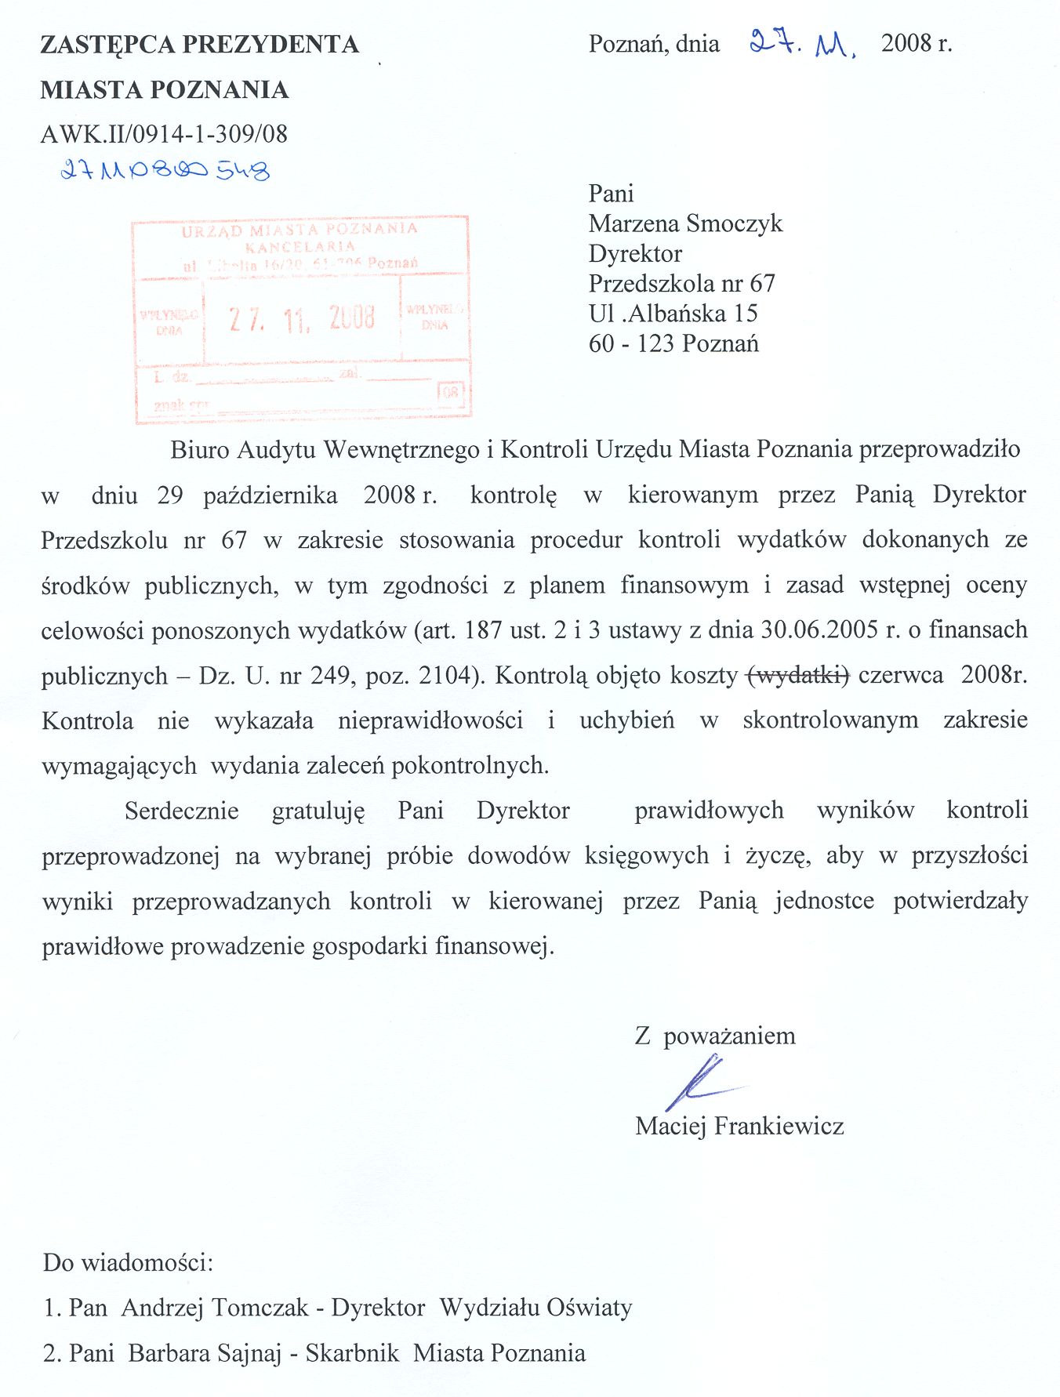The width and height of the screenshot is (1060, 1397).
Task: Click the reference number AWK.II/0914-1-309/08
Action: point(164,134)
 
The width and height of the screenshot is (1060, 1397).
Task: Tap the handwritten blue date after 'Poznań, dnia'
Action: point(801,45)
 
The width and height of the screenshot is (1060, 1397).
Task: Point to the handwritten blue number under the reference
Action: point(165,169)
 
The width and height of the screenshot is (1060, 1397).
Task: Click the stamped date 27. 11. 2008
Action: point(302,318)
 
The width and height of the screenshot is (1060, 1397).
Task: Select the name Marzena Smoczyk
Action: point(685,223)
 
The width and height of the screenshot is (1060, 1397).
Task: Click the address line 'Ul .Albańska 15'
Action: point(673,314)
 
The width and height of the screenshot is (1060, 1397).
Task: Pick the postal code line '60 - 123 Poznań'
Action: point(673,343)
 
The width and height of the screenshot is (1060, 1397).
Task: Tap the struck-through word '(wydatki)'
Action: point(799,675)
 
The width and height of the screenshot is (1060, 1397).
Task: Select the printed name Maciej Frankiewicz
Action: point(739,1127)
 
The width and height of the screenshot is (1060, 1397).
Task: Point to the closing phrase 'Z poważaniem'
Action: point(715,1036)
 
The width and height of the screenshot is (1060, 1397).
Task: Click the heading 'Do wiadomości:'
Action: point(128,1263)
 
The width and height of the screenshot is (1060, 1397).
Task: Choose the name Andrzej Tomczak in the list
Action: point(215,1308)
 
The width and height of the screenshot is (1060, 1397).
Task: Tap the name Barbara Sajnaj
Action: point(205,1353)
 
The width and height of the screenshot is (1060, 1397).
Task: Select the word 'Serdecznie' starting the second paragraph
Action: point(181,810)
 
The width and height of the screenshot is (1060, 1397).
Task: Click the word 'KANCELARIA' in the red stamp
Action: point(300,246)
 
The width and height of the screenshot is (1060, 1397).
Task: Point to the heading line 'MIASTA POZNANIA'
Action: point(165,89)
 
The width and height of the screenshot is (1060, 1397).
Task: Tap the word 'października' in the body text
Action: point(270,495)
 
